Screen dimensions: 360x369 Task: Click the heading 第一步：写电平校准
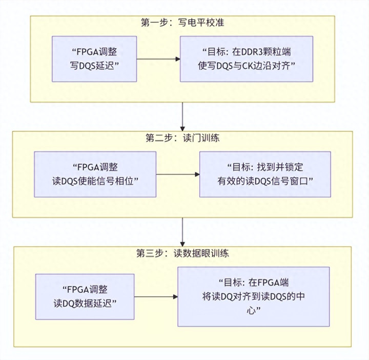pyautogui.click(x=182, y=23)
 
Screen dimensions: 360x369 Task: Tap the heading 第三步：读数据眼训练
pyautogui.click(x=182, y=253)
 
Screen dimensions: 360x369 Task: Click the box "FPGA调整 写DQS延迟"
pyautogui.click(x=96, y=58)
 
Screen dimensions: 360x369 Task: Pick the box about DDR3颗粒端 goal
pyautogui.click(x=246, y=58)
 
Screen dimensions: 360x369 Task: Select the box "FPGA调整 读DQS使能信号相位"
pyautogui.click(x=95, y=174)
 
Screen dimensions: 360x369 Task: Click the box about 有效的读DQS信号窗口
pyautogui.click(x=265, y=174)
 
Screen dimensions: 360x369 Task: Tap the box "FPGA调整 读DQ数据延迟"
pyautogui.click(x=85, y=296)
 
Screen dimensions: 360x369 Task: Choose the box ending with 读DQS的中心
pyautogui.click(x=253, y=296)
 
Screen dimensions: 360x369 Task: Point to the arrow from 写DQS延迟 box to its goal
pyautogui.click(x=158, y=59)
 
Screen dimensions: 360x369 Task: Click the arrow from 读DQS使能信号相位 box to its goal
pyautogui.click(x=178, y=174)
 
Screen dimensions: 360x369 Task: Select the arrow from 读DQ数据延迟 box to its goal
pyautogui.click(x=156, y=296)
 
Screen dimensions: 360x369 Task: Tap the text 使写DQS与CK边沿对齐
pyautogui.click(x=247, y=65)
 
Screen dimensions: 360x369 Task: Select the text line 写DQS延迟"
pyautogui.click(x=96, y=65)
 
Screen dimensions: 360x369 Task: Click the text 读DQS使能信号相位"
pyautogui.click(x=95, y=181)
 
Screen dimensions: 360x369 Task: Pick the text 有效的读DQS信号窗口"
pyautogui.click(x=265, y=181)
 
